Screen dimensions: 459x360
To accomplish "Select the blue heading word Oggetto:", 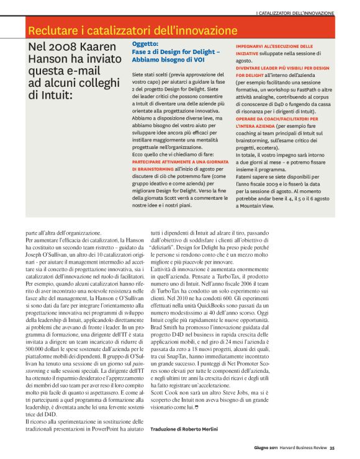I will point(145,45).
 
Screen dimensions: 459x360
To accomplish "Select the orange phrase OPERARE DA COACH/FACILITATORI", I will point(277,118).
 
